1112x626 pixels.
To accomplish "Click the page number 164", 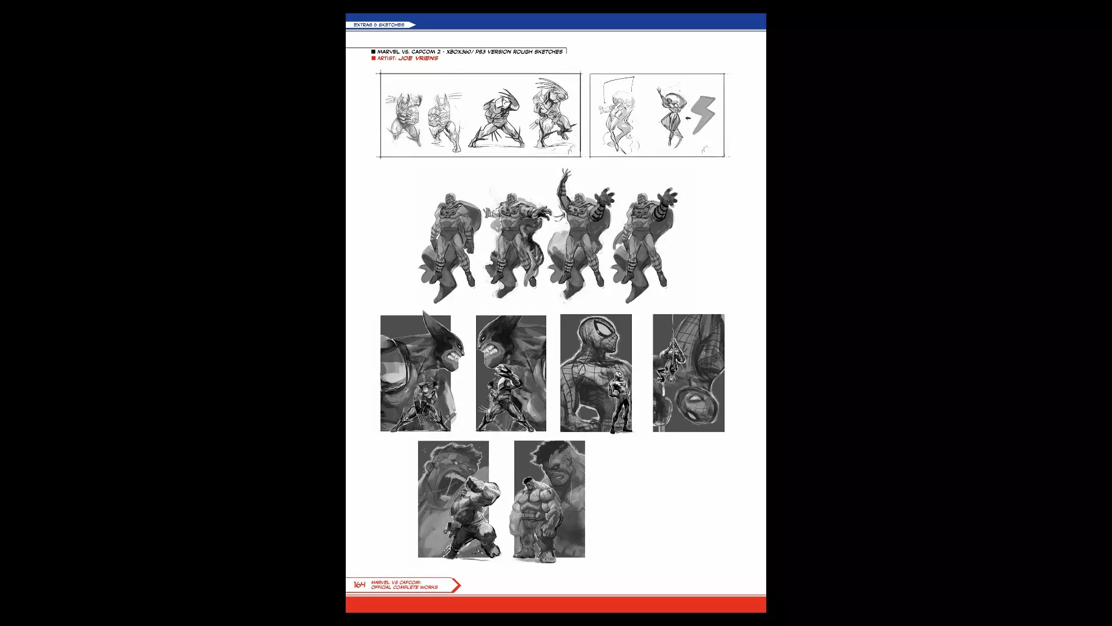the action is [360, 585].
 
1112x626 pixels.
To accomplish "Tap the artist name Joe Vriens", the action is [418, 59].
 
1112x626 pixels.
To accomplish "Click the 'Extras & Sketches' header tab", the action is [380, 25].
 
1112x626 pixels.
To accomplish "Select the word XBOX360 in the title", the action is [459, 52].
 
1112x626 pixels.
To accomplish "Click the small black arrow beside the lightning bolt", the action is [686, 119].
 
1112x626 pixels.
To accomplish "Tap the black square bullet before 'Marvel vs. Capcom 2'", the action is [374, 52].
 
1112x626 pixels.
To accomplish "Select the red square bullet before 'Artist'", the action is [374, 59].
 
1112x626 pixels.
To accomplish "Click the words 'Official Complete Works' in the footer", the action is [404, 588].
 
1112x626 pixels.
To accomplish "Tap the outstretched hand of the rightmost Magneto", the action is [668, 195].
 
